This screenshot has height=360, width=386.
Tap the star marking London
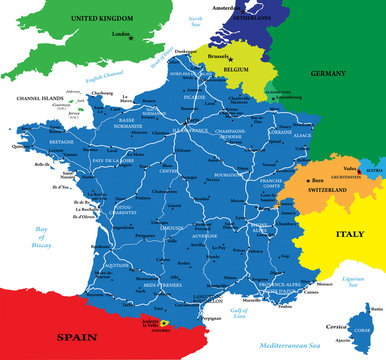130,37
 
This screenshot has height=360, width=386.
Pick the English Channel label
97,74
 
